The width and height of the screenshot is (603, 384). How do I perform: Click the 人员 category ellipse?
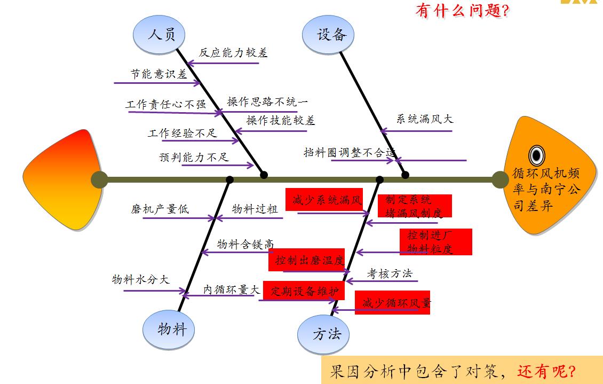pyautogui.click(x=161, y=35)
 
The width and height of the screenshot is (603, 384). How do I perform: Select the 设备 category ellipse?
pyautogui.click(x=331, y=35)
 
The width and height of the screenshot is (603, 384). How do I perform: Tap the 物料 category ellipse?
pyautogui.click(x=171, y=329)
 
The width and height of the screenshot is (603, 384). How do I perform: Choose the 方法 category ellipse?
pyautogui.click(x=326, y=334)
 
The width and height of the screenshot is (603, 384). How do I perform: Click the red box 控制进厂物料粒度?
pyautogui.click(x=436, y=242)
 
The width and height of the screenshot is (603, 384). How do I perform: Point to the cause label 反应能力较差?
pyautogui.click(x=233, y=52)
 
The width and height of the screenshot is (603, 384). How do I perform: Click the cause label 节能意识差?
pyautogui.click(x=158, y=74)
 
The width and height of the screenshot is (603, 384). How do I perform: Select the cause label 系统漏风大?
pyautogui.click(x=424, y=119)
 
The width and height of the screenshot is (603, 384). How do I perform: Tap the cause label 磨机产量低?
pyautogui.click(x=160, y=209)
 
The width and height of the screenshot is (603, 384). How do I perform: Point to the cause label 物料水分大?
pyautogui.click(x=140, y=279)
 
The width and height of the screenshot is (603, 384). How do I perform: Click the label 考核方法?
pyautogui.click(x=390, y=273)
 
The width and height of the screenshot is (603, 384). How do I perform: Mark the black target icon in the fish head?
pyautogui.click(x=536, y=155)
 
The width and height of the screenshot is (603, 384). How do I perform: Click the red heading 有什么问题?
pyautogui.click(x=462, y=10)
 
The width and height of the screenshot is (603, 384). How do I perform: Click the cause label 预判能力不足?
pyautogui.click(x=194, y=157)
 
